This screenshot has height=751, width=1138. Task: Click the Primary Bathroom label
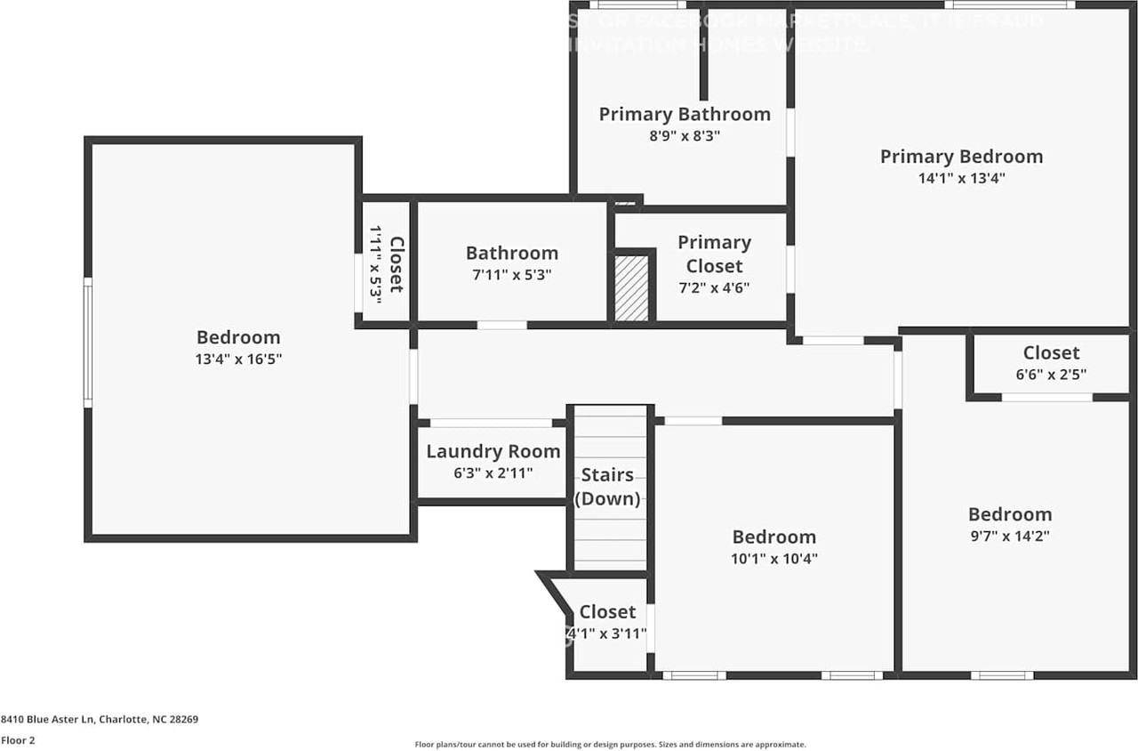coord(684,114)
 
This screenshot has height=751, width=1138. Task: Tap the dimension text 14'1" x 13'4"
coord(961,178)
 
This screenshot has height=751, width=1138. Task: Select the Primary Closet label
coord(714,254)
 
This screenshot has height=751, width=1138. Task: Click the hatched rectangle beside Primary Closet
coord(632,288)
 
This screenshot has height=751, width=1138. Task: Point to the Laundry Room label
coord(493,451)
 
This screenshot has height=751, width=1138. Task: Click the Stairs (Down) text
coord(607,487)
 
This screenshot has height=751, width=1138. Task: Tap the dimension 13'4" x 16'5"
coord(238,359)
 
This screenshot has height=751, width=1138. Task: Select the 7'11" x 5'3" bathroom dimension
coord(512,276)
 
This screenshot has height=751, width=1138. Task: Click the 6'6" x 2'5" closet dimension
coord(1051,375)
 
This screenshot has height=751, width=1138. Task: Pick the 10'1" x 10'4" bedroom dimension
coord(773,560)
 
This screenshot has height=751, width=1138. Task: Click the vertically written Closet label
coord(397,264)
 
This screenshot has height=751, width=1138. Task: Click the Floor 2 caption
coord(17,739)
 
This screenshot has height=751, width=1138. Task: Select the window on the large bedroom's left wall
coord(88,343)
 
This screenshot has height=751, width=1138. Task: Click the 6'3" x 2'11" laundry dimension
coord(493,473)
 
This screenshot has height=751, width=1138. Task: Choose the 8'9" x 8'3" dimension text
coord(684,136)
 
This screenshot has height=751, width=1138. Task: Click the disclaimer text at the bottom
coord(610,744)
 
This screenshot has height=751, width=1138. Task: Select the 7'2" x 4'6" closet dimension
coord(714,287)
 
